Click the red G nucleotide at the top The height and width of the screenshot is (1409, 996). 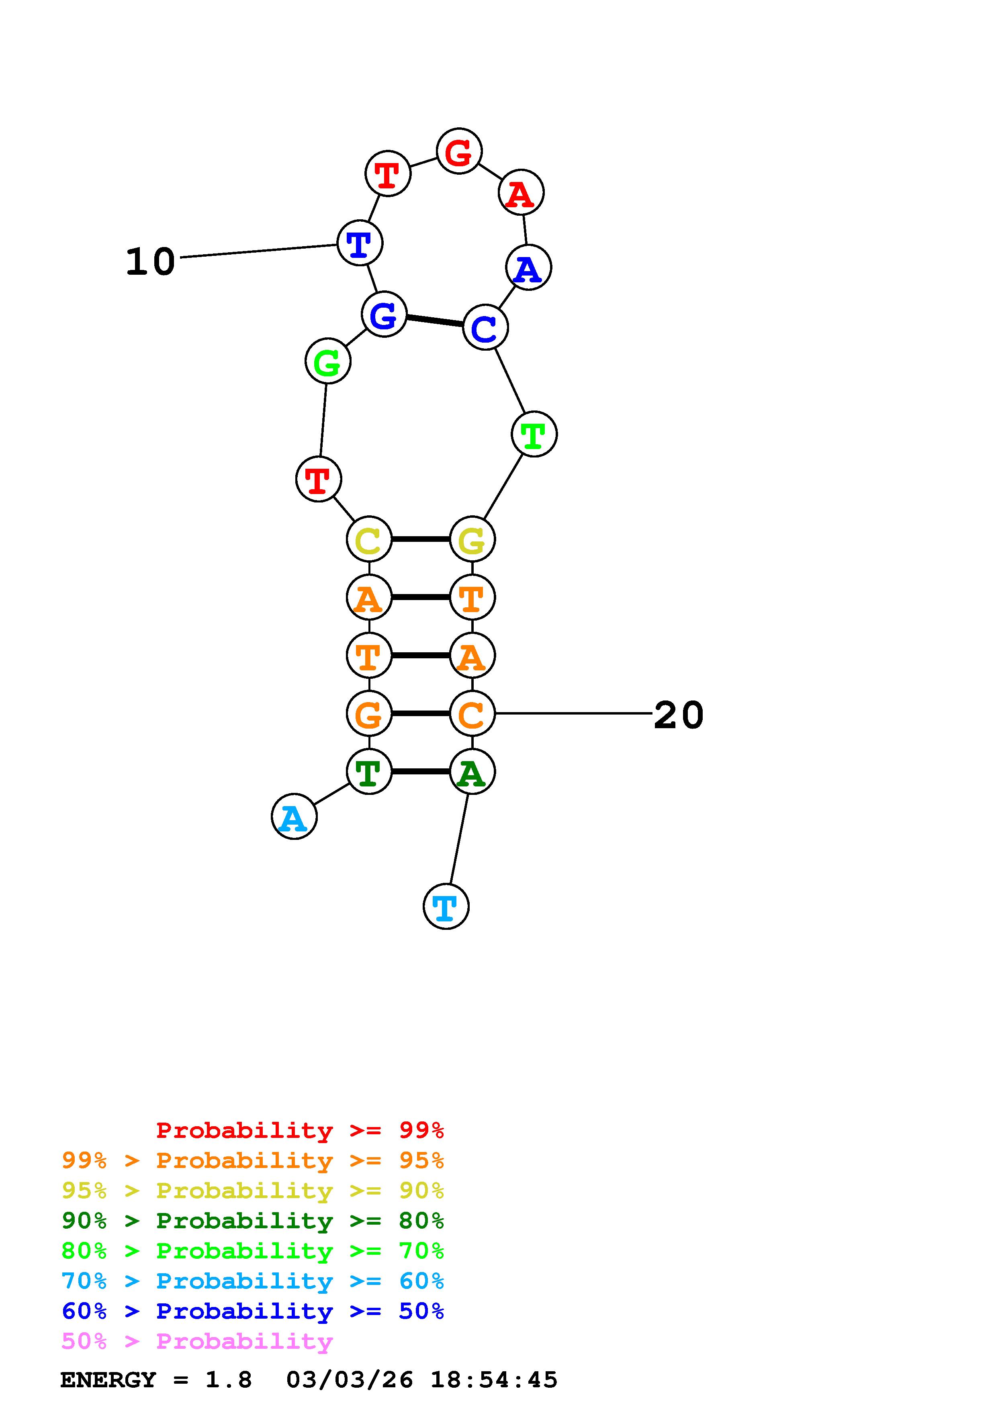pos(459,151)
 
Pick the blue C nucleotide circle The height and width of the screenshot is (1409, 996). pos(485,328)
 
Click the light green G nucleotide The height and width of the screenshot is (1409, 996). pos(328,361)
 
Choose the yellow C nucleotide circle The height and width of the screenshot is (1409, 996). pos(369,539)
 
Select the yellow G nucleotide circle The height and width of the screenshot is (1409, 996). pos(472,539)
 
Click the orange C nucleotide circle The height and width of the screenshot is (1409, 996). pos(472,714)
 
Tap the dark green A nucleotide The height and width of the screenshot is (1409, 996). pos(472,772)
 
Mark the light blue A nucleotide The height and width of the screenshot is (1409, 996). pos(294,817)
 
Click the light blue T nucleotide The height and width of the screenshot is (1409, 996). pos(446,907)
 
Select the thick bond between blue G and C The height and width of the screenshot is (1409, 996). pos(434,321)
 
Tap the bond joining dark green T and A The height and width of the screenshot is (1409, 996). pos(420,772)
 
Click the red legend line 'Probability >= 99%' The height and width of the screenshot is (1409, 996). pos(300,1130)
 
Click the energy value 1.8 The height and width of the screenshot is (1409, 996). pos(228,1380)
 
